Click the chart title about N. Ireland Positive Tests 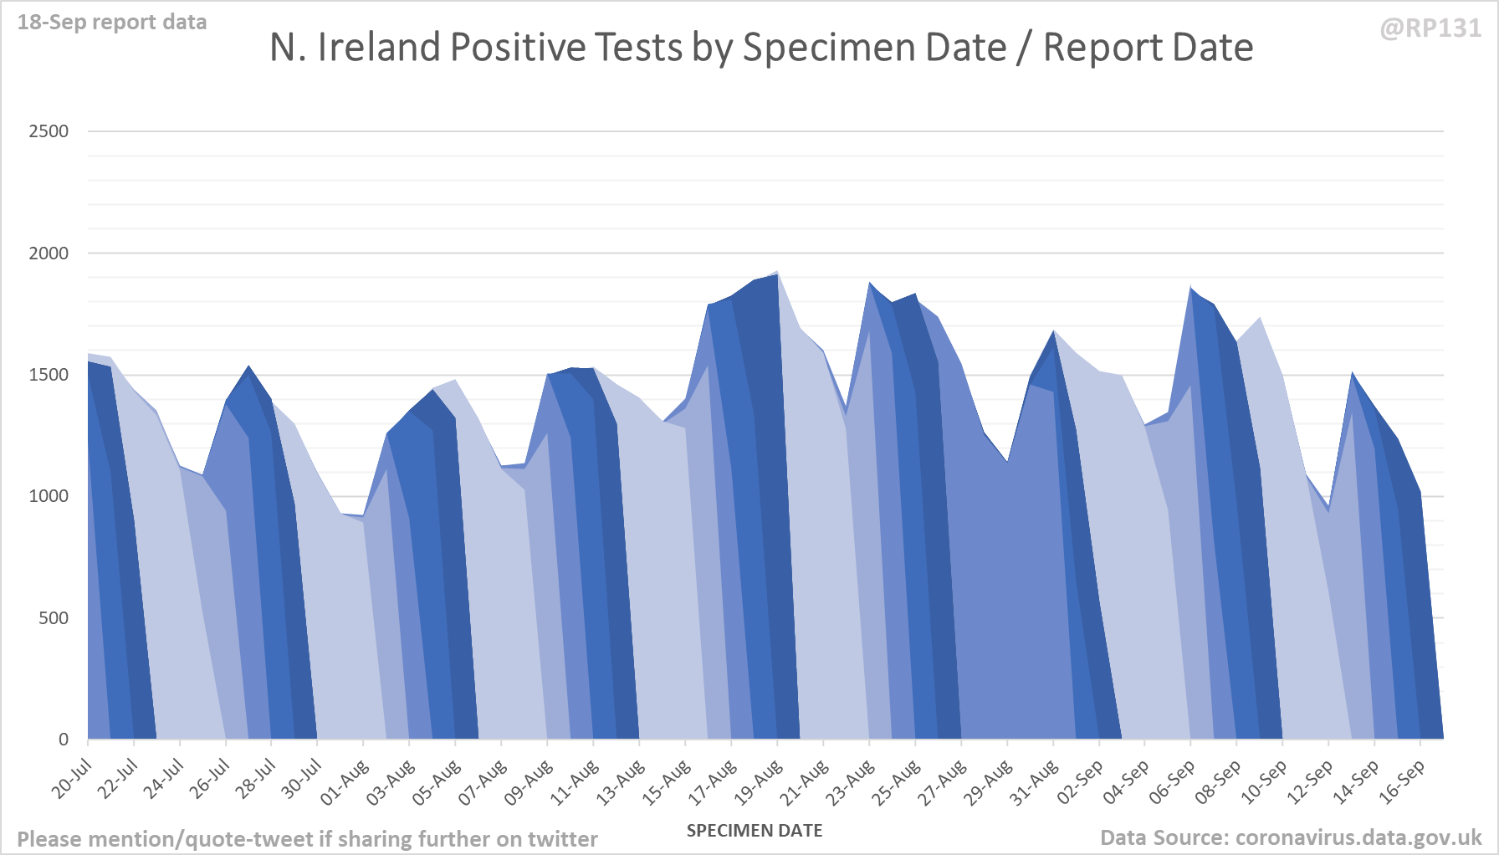pyautogui.click(x=761, y=48)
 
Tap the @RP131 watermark pyautogui.click(x=1430, y=28)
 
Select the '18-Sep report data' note pyautogui.click(x=112, y=23)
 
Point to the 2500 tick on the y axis pyautogui.click(x=49, y=131)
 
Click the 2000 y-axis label pyautogui.click(x=49, y=253)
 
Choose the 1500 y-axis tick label pyautogui.click(x=49, y=375)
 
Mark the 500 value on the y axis pyautogui.click(x=54, y=618)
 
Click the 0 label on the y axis pyautogui.click(x=64, y=740)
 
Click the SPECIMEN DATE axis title pyautogui.click(x=755, y=831)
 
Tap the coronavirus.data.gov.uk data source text pyautogui.click(x=1291, y=837)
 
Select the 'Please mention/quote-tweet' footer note pyautogui.click(x=307, y=839)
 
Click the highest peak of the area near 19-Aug pyautogui.click(x=777, y=272)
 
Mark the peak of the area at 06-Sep pyautogui.click(x=1190, y=288)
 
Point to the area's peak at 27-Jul pyautogui.click(x=248, y=366)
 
